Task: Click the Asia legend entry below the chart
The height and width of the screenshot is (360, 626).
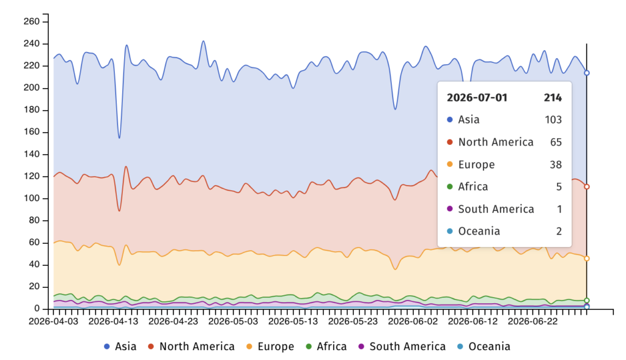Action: [x=120, y=347]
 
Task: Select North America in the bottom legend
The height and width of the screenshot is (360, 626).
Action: [x=191, y=347]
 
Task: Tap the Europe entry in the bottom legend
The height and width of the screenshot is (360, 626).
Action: [x=270, y=347]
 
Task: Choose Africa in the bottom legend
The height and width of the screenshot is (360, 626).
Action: [x=326, y=347]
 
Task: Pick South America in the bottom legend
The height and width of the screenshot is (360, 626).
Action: [x=402, y=347]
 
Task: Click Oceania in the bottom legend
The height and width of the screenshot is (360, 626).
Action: [x=484, y=347]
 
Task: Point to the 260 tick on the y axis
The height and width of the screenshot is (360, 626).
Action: [x=32, y=21]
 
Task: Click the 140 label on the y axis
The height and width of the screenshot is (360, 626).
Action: [x=32, y=154]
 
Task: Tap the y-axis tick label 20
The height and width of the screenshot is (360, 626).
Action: [x=34, y=287]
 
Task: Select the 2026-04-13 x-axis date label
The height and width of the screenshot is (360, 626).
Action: [x=113, y=321]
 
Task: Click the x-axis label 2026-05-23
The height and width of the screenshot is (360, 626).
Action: [x=353, y=321]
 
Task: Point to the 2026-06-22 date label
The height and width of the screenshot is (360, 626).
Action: [x=532, y=321]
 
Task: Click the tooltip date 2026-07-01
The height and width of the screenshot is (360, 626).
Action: [x=477, y=98]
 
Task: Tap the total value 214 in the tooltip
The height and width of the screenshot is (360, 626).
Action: [x=553, y=98]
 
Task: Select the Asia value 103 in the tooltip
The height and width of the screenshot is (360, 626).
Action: [x=553, y=120]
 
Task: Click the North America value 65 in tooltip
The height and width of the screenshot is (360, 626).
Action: [x=556, y=142]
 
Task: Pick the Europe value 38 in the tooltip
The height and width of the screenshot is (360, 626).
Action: [x=556, y=164]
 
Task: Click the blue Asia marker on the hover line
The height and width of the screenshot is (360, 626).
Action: [x=586, y=73]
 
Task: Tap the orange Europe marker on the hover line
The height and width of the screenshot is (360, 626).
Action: [x=586, y=259]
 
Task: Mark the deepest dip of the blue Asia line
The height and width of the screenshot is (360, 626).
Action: [x=119, y=138]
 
